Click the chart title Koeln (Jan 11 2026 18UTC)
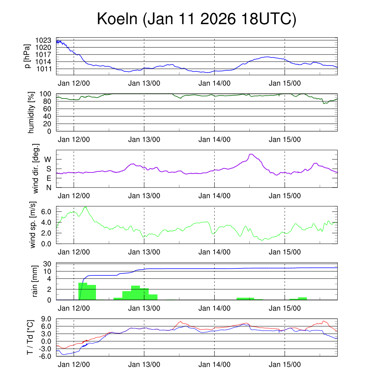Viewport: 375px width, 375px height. click(x=196, y=19)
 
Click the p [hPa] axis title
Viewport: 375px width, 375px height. click(x=27, y=56)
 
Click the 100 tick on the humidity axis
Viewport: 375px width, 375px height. click(x=47, y=94)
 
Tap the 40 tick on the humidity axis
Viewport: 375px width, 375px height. click(x=48, y=116)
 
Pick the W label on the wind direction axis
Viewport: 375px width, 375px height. click(x=48, y=159)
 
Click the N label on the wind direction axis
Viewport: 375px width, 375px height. click(x=48, y=187)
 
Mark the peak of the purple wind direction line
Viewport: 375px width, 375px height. click(x=251, y=154)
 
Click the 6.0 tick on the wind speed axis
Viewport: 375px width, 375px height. click(x=46, y=212)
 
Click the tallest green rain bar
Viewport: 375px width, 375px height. click(x=83, y=291)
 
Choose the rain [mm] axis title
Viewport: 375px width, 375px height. click(x=35, y=282)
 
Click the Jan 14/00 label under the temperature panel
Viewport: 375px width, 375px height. click(x=214, y=365)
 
